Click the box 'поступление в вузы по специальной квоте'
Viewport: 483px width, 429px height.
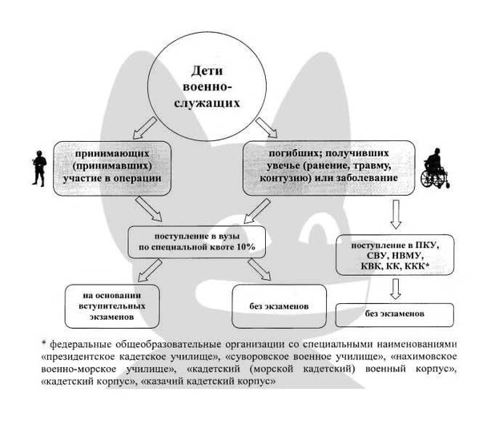click(195, 240)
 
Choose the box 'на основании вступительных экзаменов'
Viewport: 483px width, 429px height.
click(117, 306)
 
